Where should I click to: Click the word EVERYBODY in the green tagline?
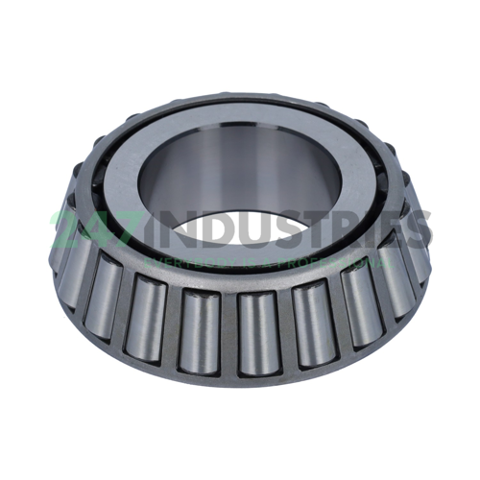point(179,261)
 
